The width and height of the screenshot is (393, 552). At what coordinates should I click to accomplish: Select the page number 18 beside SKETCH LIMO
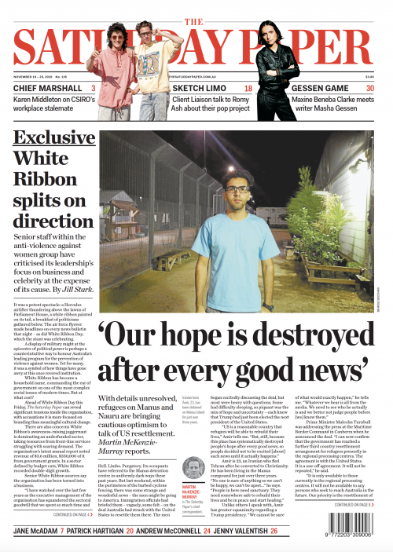click(x=248, y=89)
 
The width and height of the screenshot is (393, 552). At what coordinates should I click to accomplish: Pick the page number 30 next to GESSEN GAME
click(x=370, y=89)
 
